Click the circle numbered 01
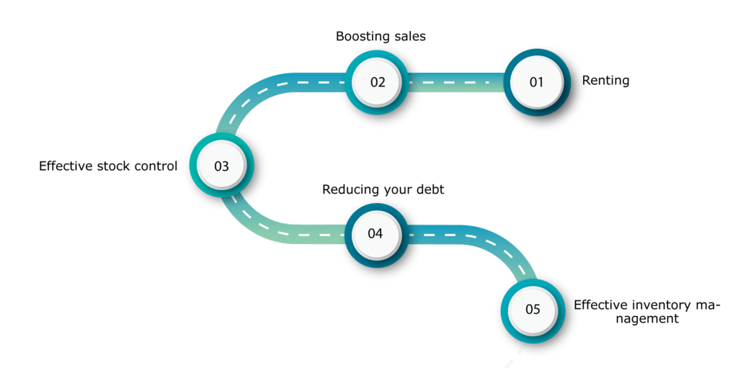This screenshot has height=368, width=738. [536, 82]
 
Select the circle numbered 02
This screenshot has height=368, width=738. [378, 82]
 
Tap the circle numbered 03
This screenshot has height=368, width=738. [221, 166]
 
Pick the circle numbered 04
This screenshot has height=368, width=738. [375, 234]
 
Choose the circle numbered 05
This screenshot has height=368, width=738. [533, 310]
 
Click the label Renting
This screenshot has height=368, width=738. [605, 81]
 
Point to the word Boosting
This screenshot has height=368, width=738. [360, 37]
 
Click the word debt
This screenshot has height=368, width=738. [431, 189]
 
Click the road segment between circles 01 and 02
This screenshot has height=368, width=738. [456, 82]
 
